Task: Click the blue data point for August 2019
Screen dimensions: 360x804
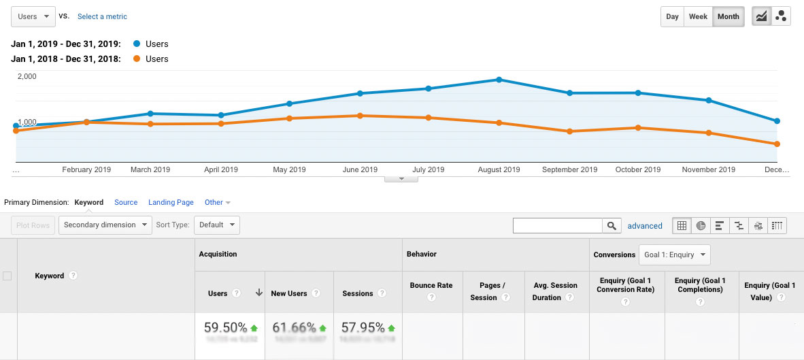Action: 499,80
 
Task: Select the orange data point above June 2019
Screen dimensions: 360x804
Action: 360,116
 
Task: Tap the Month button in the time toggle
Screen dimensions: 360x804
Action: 728,17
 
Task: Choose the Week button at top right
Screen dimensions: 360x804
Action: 698,17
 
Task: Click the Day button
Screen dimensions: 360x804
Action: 672,17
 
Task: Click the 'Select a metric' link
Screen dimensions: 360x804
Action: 102,16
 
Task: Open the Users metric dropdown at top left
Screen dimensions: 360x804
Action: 33,16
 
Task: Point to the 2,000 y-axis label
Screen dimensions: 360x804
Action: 27,76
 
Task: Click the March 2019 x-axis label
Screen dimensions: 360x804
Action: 150,169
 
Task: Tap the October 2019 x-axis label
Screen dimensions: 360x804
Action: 637,169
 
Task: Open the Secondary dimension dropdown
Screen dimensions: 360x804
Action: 105,225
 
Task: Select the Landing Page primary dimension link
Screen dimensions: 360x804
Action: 171,202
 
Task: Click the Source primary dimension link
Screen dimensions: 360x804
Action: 126,202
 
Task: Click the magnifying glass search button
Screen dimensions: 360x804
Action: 612,226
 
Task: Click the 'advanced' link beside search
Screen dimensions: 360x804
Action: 644,226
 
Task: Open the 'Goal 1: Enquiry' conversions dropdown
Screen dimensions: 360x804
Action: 673,255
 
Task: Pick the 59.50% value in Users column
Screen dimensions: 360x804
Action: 226,328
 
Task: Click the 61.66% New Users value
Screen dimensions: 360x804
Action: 294,328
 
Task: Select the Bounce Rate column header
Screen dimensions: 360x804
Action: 431,286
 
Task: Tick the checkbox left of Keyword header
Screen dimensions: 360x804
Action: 7,276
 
